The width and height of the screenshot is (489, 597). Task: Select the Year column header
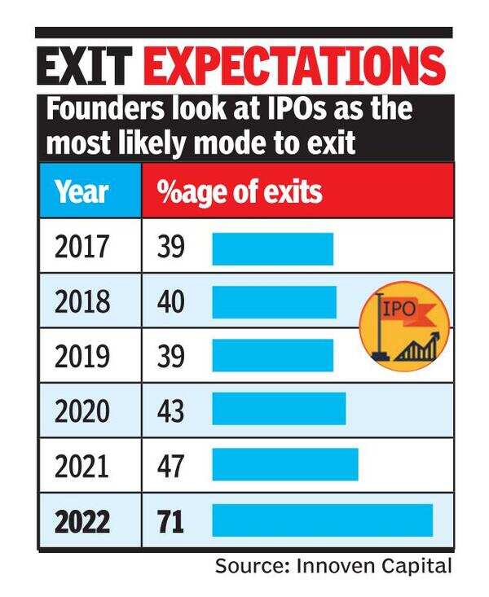coord(81,193)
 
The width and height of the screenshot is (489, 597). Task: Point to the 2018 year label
coord(81,302)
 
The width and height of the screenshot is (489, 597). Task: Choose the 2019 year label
coord(81,356)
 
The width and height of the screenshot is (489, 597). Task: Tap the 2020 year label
coord(81,410)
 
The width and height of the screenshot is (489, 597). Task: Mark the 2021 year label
coord(81,465)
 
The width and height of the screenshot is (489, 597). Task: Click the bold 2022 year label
coord(81,520)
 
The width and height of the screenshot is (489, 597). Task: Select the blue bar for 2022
coord(322,520)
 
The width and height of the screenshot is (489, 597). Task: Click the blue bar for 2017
coord(273,248)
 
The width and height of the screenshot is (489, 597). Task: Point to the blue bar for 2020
coord(279,410)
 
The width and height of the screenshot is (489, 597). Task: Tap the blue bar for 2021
coord(285,465)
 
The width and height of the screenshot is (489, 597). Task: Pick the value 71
coord(170,520)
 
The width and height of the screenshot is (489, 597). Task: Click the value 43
coord(171,410)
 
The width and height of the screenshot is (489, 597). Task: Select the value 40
coord(171,302)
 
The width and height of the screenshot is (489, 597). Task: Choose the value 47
coord(171,465)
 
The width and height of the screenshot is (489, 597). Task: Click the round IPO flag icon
coord(404,325)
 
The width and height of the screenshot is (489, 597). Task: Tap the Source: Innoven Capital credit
coord(333,566)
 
